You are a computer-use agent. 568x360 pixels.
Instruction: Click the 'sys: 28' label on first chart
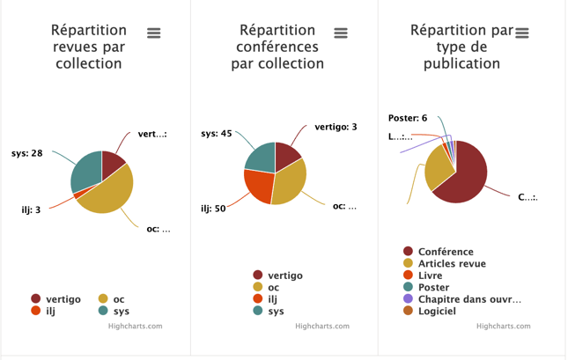point(26,153)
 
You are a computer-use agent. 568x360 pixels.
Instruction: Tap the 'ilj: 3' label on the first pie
point(31,210)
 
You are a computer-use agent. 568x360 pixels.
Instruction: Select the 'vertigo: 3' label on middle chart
point(336,127)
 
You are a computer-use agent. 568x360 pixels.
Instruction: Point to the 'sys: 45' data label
point(216,134)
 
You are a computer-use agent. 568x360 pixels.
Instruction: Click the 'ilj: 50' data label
point(213,209)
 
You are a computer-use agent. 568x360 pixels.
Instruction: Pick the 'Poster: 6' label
point(408,118)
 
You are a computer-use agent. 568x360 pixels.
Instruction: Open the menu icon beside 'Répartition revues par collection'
point(154,33)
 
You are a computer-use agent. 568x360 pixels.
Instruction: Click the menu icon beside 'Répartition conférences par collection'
point(341,33)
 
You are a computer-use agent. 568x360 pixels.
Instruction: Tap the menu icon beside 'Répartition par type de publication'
point(522,33)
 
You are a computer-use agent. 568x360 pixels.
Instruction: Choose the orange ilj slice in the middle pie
point(258,185)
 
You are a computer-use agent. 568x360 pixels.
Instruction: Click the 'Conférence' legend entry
point(446,252)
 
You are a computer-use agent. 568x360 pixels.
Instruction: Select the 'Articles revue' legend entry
point(452,263)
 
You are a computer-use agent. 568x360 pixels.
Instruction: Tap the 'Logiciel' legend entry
point(437,311)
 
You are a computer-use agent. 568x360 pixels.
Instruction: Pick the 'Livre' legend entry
point(430,276)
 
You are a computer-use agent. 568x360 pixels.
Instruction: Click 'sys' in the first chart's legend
point(121,311)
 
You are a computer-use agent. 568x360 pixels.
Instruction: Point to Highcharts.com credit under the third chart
point(504,326)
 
